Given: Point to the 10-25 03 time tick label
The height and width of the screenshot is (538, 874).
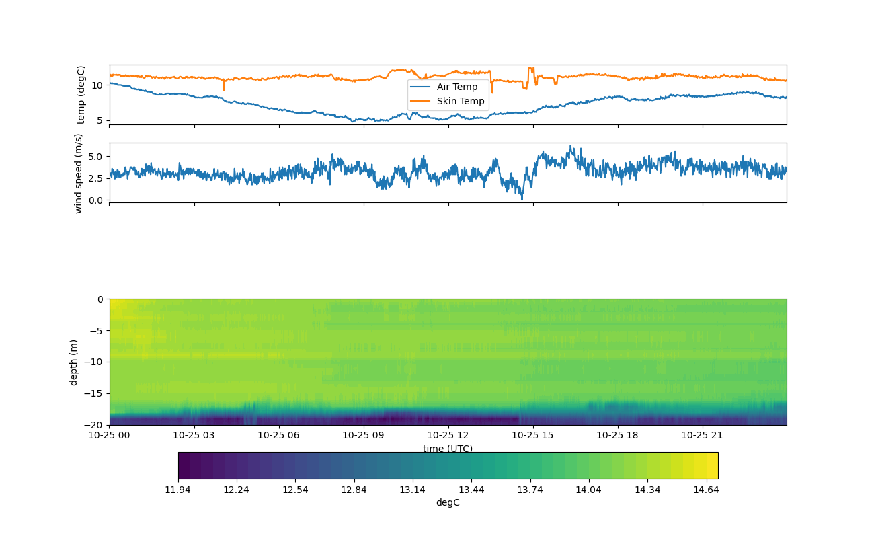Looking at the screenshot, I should click(x=194, y=435).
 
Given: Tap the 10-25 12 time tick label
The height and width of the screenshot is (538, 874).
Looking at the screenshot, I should click(x=448, y=435).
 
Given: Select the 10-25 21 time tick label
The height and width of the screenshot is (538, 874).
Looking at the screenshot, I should click(x=703, y=435).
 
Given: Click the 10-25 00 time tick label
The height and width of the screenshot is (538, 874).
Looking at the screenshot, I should click(x=110, y=435).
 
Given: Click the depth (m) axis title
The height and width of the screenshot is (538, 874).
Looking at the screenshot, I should click(x=74, y=362).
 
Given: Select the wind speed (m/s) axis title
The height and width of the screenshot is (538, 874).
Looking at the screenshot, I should click(x=78, y=173).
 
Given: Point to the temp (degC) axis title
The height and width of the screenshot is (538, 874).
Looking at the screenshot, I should click(x=81, y=95).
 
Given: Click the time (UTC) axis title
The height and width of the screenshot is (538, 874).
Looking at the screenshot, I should click(x=448, y=449).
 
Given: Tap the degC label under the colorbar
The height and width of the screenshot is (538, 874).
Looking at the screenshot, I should click(x=448, y=502).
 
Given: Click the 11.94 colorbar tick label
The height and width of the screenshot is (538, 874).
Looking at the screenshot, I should click(x=178, y=490).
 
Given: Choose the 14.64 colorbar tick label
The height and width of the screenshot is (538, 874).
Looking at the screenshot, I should click(x=706, y=490).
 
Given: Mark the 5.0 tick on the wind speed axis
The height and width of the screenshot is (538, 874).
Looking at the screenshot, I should click(x=95, y=156).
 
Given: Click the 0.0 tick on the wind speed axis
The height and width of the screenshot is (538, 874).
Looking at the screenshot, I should click(x=95, y=200).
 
